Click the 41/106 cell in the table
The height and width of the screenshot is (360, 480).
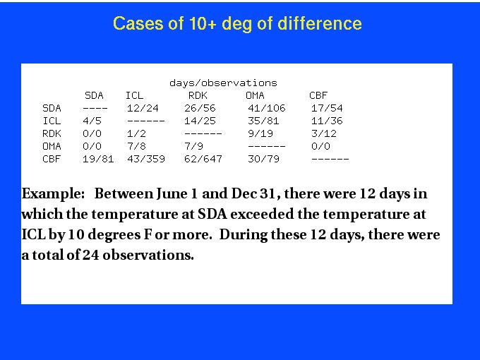click(x=267, y=108)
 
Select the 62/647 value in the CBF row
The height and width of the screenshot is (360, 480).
click(x=203, y=159)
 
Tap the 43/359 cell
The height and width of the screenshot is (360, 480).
click(x=146, y=159)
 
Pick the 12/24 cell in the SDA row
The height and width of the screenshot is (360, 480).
click(x=143, y=108)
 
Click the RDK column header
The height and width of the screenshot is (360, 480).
click(x=198, y=95)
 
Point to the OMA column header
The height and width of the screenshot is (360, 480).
click(x=255, y=95)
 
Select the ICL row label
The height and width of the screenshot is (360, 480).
click(x=52, y=121)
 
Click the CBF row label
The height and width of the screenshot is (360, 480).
click(x=52, y=159)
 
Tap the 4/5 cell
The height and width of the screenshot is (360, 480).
click(x=92, y=121)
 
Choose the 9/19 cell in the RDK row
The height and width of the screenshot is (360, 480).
click(x=260, y=133)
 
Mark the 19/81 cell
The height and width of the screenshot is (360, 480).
click(x=98, y=159)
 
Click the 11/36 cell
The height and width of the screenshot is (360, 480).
click(x=327, y=121)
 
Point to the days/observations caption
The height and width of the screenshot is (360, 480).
click(x=223, y=83)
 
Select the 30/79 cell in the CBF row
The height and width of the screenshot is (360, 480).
click(x=263, y=159)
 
